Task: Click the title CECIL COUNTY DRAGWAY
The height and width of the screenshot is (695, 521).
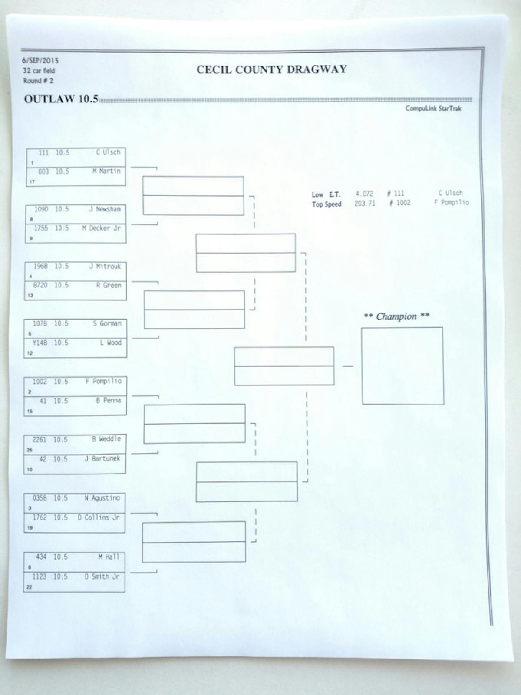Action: [271, 70]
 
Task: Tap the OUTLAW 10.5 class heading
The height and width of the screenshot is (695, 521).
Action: [61, 99]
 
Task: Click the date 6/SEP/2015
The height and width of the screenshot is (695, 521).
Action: [40, 61]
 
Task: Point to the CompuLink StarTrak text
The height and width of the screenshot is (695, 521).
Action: [433, 109]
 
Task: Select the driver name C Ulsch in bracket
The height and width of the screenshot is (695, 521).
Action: [108, 152]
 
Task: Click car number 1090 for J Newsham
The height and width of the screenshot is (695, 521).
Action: [41, 209]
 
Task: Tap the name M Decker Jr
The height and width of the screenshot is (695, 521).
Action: [101, 228]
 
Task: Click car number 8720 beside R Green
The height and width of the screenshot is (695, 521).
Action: [40, 285]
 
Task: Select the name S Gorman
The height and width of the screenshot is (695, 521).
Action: [107, 324]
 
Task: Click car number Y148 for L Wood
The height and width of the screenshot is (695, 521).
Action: [40, 343]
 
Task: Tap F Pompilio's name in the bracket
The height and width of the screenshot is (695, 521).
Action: [103, 382]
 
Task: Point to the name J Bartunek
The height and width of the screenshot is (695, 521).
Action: [102, 459]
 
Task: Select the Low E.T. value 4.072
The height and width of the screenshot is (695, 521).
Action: [364, 194]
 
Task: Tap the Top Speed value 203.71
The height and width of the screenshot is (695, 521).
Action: [365, 203]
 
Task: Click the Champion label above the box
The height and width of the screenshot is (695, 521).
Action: [396, 316]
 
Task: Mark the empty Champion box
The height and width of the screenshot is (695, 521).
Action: [402, 366]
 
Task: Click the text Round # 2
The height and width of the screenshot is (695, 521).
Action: [38, 81]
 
